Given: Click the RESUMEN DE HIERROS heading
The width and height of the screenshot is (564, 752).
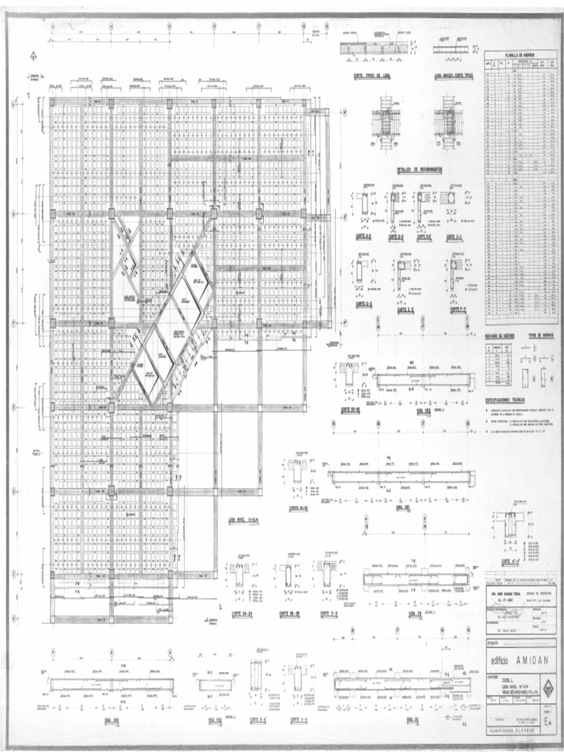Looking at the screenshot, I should tap(504, 334).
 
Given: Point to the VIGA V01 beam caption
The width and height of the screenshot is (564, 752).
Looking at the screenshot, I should tap(402, 507).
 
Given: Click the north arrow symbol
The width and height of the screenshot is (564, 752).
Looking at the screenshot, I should tap(33, 55).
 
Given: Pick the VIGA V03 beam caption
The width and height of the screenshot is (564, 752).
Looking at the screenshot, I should tap(415, 610).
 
